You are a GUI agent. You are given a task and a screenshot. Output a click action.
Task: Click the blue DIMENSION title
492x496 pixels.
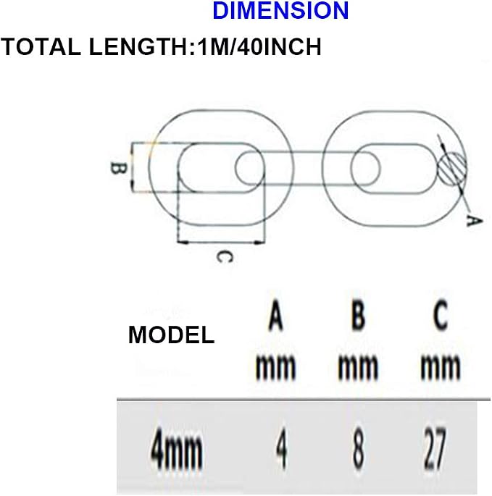tap(280, 10)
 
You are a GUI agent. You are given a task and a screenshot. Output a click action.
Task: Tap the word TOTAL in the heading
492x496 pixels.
tap(41, 47)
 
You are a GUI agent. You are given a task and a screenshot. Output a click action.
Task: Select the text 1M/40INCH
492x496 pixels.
tap(259, 47)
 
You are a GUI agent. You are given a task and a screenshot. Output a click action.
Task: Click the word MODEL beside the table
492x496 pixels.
tap(171, 335)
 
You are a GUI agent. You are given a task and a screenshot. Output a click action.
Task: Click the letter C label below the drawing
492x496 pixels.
tap(225, 257)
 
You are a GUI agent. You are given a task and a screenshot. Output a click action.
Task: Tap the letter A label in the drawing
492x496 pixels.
tap(474, 220)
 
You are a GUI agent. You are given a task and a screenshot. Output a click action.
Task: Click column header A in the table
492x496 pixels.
tap(275, 316)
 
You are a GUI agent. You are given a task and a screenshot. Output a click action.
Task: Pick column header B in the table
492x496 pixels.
tap(358, 316)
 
